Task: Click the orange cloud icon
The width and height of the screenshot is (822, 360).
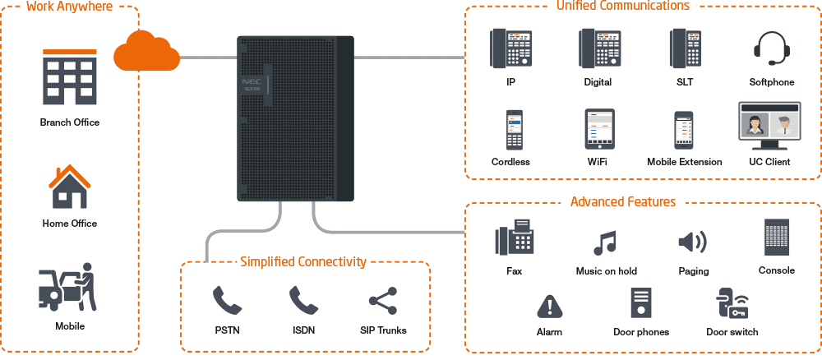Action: tap(147, 52)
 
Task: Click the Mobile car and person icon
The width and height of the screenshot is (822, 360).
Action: tap(68, 288)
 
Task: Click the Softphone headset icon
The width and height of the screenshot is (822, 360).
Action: tap(772, 48)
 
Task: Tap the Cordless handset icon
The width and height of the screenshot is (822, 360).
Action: tap(515, 130)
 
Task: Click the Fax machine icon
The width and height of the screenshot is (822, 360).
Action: tap(515, 239)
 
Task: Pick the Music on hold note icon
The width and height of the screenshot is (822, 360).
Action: tap(606, 242)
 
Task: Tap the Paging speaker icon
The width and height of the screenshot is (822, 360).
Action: tap(692, 242)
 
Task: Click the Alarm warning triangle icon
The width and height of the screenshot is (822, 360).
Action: tap(549, 307)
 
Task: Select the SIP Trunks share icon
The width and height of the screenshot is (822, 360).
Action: tap(382, 301)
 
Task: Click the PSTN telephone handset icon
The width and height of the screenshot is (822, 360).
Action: tap(226, 301)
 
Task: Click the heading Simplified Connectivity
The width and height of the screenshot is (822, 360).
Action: tap(302, 261)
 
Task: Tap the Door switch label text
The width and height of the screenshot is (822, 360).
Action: tap(732, 332)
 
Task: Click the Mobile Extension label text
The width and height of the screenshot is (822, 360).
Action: tap(684, 162)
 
